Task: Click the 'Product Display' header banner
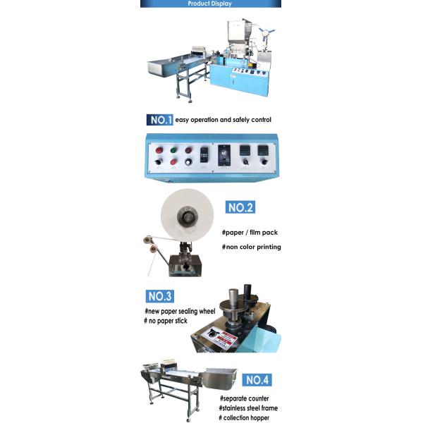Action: pos(210,4)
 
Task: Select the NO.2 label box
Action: pos(240,207)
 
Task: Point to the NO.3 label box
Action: pos(160,297)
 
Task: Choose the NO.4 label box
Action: pos(257,380)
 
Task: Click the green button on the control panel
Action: pos(172,149)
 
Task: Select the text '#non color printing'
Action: pos(251,247)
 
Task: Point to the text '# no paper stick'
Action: pos(167,321)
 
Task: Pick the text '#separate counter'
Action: pos(244,398)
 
